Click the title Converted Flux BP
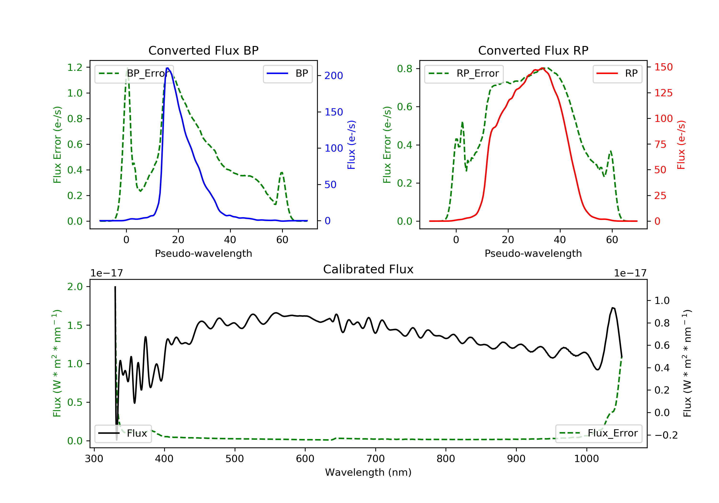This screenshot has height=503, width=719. [203, 50]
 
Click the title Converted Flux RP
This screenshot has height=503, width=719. [533, 50]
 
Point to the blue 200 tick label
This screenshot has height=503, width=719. [334, 76]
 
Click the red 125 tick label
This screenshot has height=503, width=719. [663, 93]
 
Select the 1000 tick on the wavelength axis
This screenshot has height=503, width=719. [586, 459]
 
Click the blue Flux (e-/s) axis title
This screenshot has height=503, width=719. [351, 145]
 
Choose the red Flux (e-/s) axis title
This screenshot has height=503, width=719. [681, 145]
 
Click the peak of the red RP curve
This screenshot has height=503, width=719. [542, 68]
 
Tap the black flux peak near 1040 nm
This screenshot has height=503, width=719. [613, 308]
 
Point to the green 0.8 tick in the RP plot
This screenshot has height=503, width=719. [405, 69]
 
